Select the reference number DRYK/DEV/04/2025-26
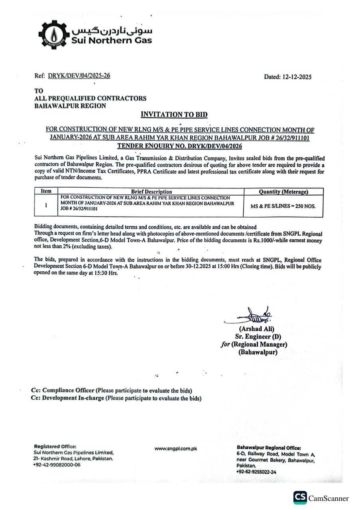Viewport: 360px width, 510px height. click(x=79, y=76)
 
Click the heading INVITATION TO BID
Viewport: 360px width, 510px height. click(x=174, y=115)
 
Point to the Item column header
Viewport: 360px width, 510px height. click(x=46, y=192)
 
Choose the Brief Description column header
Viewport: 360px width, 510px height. click(x=151, y=192)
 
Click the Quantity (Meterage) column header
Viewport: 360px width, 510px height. click(x=283, y=192)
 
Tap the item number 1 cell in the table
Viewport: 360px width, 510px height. click(x=46, y=206)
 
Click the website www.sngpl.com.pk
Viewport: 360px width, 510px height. click(x=176, y=449)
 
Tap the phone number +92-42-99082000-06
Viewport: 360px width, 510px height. click(x=57, y=465)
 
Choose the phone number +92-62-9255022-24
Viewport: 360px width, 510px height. click(x=256, y=472)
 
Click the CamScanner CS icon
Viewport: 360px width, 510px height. click(x=300, y=498)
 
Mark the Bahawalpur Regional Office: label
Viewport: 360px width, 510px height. click(x=269, y=448)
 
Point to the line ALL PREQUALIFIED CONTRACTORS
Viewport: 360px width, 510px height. click(x=90, y=98)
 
